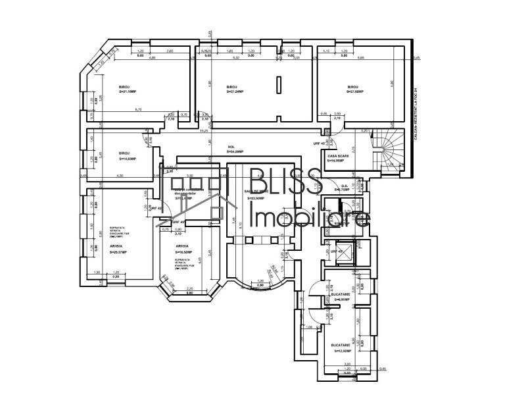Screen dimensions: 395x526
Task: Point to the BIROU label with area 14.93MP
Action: (x=127, y=156)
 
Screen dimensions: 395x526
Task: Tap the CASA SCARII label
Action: (x=337, y=157)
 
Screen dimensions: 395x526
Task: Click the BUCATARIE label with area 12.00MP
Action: (x=341, y=348)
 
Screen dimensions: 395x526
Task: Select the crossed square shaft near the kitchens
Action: (x=343, y=252)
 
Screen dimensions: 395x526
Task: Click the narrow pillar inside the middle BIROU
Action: (x=279, y=86)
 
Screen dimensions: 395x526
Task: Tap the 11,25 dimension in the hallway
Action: (x=205, y=130)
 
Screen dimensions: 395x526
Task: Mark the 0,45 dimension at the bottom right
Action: (x=384, y=369)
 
